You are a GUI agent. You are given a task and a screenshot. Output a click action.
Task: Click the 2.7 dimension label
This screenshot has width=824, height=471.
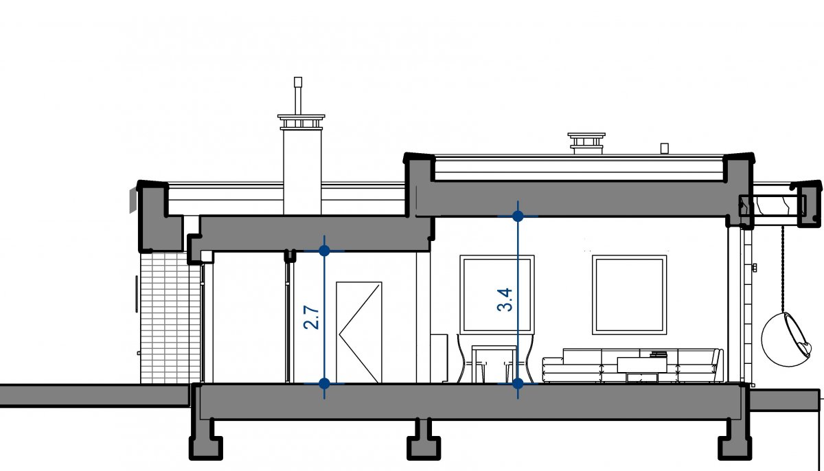[312, 317]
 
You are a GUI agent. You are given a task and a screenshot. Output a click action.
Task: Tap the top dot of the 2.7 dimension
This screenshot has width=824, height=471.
[325, 251]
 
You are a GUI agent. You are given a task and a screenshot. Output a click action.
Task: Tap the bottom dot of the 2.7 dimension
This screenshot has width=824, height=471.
[325, 383]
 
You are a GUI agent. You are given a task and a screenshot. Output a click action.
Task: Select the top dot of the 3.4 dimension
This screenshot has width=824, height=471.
[518, 216]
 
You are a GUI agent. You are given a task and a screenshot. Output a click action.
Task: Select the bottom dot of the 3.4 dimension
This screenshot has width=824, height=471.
[518, 383]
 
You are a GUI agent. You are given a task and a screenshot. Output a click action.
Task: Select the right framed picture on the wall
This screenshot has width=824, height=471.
[630, 295]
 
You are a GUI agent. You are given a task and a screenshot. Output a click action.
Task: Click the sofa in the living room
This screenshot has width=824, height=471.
[632, 364]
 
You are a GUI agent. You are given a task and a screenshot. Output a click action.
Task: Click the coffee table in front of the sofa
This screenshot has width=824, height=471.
[638, 367]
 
